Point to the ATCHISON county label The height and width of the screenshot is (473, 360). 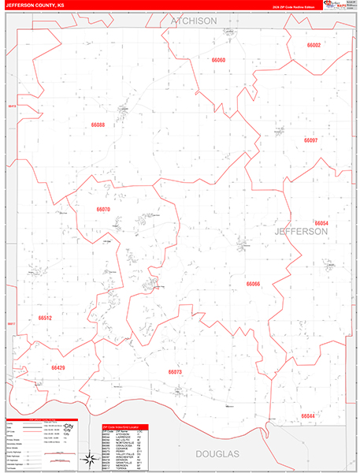tap(193, 21)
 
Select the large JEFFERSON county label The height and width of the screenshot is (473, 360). tap(301, 232)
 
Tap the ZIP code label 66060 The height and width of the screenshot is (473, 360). tap(218, 60)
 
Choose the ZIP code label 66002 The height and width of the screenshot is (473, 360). tap(314, 46)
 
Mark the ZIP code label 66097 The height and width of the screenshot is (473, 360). tap(310, 140)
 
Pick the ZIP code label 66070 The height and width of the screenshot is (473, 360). tap(103, 210)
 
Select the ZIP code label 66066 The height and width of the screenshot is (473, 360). tap(253, 283)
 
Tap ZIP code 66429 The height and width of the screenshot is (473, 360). tap(58, 367)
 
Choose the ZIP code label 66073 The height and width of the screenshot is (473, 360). tap(175, 371)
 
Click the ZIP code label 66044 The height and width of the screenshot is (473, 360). tap(307, 416)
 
